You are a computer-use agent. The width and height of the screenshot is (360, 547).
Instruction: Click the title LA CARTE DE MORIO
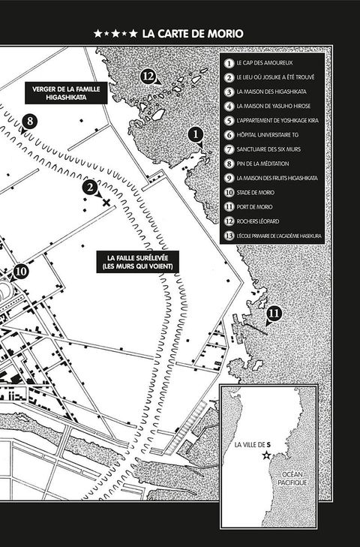193,34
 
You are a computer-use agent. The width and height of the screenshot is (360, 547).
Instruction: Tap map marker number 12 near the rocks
148,77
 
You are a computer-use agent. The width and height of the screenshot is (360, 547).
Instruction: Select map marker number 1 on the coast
195,134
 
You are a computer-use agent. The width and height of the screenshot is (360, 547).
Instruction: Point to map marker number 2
90,188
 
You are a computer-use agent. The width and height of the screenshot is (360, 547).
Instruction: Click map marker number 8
30,121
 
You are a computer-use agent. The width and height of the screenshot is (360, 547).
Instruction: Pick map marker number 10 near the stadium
21,271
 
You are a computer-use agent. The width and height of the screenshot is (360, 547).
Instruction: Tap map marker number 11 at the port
274,314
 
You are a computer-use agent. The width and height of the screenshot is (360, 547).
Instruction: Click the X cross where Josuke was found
106,203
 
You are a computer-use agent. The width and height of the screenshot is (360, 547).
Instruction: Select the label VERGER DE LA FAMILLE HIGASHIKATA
66,93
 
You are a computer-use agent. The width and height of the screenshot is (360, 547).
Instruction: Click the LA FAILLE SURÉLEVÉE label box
138,262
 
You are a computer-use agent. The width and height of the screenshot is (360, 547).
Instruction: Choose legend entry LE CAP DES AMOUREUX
265,63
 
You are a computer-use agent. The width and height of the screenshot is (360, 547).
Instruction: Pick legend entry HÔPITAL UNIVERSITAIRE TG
268,135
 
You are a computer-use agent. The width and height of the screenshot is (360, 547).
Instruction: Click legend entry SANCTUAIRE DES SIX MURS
268,149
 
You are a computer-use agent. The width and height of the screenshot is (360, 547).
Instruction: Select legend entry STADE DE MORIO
255,193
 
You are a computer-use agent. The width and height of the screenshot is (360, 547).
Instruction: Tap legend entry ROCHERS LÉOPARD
258,221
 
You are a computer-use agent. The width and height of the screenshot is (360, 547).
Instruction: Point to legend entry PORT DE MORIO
254,207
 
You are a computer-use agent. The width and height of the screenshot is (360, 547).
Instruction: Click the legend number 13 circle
229,236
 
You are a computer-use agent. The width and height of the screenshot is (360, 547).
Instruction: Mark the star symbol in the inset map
266,455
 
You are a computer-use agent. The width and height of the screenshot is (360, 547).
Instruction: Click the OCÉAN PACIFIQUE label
292,478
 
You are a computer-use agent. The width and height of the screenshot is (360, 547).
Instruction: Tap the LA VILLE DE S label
253,445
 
